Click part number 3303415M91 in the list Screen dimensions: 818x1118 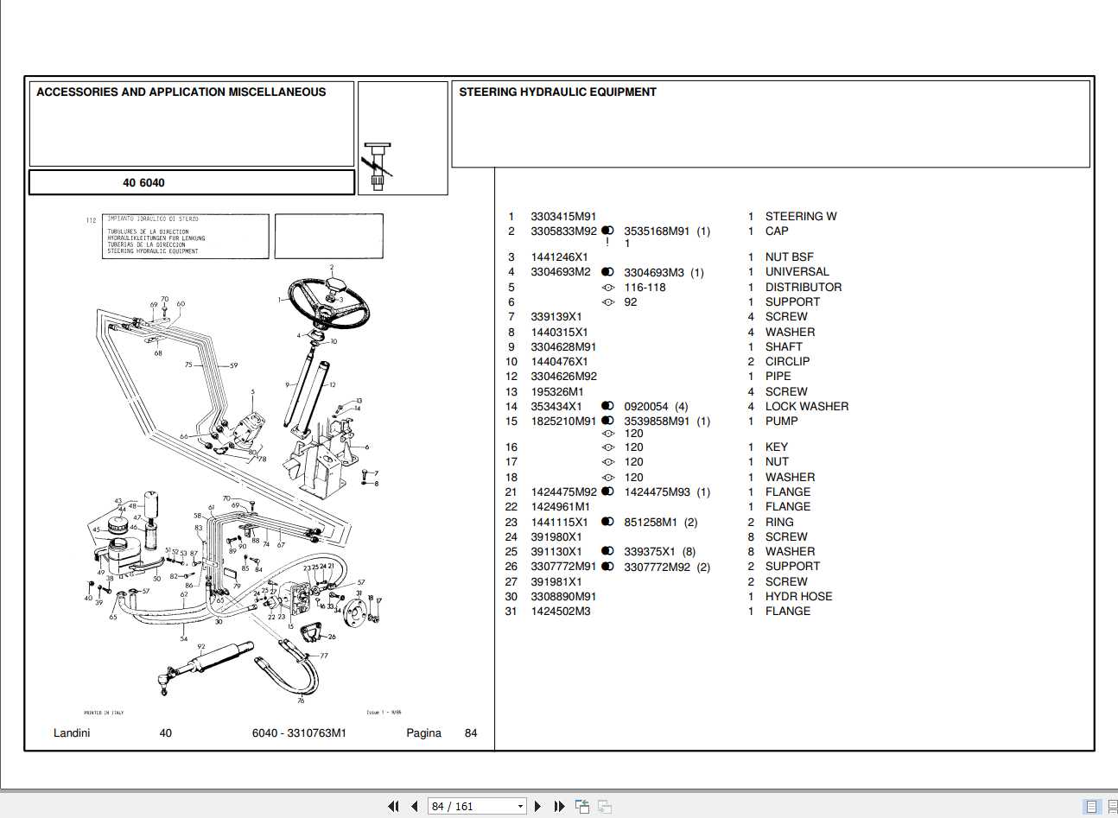tap(563, 217)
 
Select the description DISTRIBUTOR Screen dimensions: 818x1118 tap(803, 288)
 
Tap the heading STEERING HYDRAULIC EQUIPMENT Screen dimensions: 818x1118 tap(557, 92)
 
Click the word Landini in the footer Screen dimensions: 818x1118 tap(72, 733)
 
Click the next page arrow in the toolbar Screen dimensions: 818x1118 tap(537, 807)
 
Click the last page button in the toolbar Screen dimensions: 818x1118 tap(559, 807)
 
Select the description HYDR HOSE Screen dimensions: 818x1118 tap(798, 597)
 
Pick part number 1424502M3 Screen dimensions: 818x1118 tap(561, 612)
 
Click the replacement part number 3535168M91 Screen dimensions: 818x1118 tap(657, 231)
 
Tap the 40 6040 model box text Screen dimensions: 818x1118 tap(143, 183)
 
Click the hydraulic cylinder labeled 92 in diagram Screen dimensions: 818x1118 tap(216, 661)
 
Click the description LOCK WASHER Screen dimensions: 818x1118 tap(806, 407)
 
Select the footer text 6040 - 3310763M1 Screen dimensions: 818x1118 tap(299, 733)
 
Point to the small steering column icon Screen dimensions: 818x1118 tap(378, 166)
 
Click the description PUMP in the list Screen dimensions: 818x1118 tap(781, 422)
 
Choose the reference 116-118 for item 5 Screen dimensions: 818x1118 tap(645, 288)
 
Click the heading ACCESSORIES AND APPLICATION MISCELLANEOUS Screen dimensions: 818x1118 tap(181, 92)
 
